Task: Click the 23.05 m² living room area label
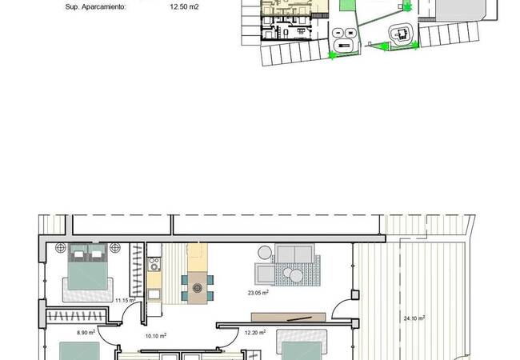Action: (x=258, y=292)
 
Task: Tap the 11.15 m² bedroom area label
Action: (x=126, y=300)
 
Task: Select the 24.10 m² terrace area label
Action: (x=414, y=318)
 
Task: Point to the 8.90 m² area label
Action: (x=86, y=332)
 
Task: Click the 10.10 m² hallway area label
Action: (x=156, y=336)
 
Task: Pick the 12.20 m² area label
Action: (x=255, y=332)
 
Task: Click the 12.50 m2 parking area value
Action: (x=184, y=6)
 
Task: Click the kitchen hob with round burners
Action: (x=154, y=264)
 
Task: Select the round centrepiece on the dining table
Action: (x=198, y=287)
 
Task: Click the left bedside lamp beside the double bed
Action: (x=61, y=248)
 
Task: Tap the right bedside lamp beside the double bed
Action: (x=114, y=248)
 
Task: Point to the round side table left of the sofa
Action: (x=265, y=253)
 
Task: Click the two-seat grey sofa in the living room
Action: (x=294, y=254)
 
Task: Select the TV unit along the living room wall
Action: (x=289, y=317)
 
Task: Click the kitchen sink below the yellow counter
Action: (x=154, y=294)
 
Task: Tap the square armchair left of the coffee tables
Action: (x=265, y=274)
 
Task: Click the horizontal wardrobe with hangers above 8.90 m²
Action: (x=76, y=316)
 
